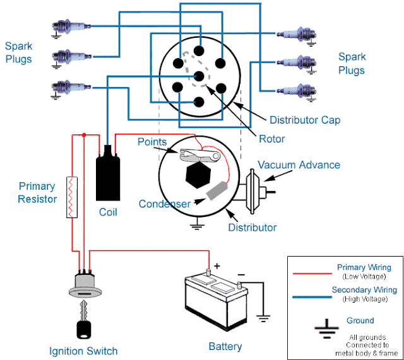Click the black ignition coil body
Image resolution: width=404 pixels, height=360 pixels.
pyautogui.click(x=109, y=177)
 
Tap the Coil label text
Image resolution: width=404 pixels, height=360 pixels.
pyautogui.click(x=109, y=212)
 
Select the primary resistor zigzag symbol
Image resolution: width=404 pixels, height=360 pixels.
pyautogui.click(x=73, y=197)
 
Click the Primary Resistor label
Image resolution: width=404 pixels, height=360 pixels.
pyautogui.click(x=38, y=192)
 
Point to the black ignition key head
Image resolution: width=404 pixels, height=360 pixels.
pyautogui.click(x=84, y=329)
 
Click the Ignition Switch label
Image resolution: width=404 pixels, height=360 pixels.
pyautogui.click(x=83, y=351)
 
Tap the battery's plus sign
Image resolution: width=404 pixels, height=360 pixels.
pyautogui.click(x=218, y=267)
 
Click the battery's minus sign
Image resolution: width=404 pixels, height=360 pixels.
pyautogui.click(x=240, y=276)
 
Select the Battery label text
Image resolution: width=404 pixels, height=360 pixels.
pyautogui.click(x=225, y=346)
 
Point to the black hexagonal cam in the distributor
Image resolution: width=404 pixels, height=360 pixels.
pyautogui.click(x=196, y=172)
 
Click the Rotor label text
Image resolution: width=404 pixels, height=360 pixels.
pyautogui.click(x=272, y=139)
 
